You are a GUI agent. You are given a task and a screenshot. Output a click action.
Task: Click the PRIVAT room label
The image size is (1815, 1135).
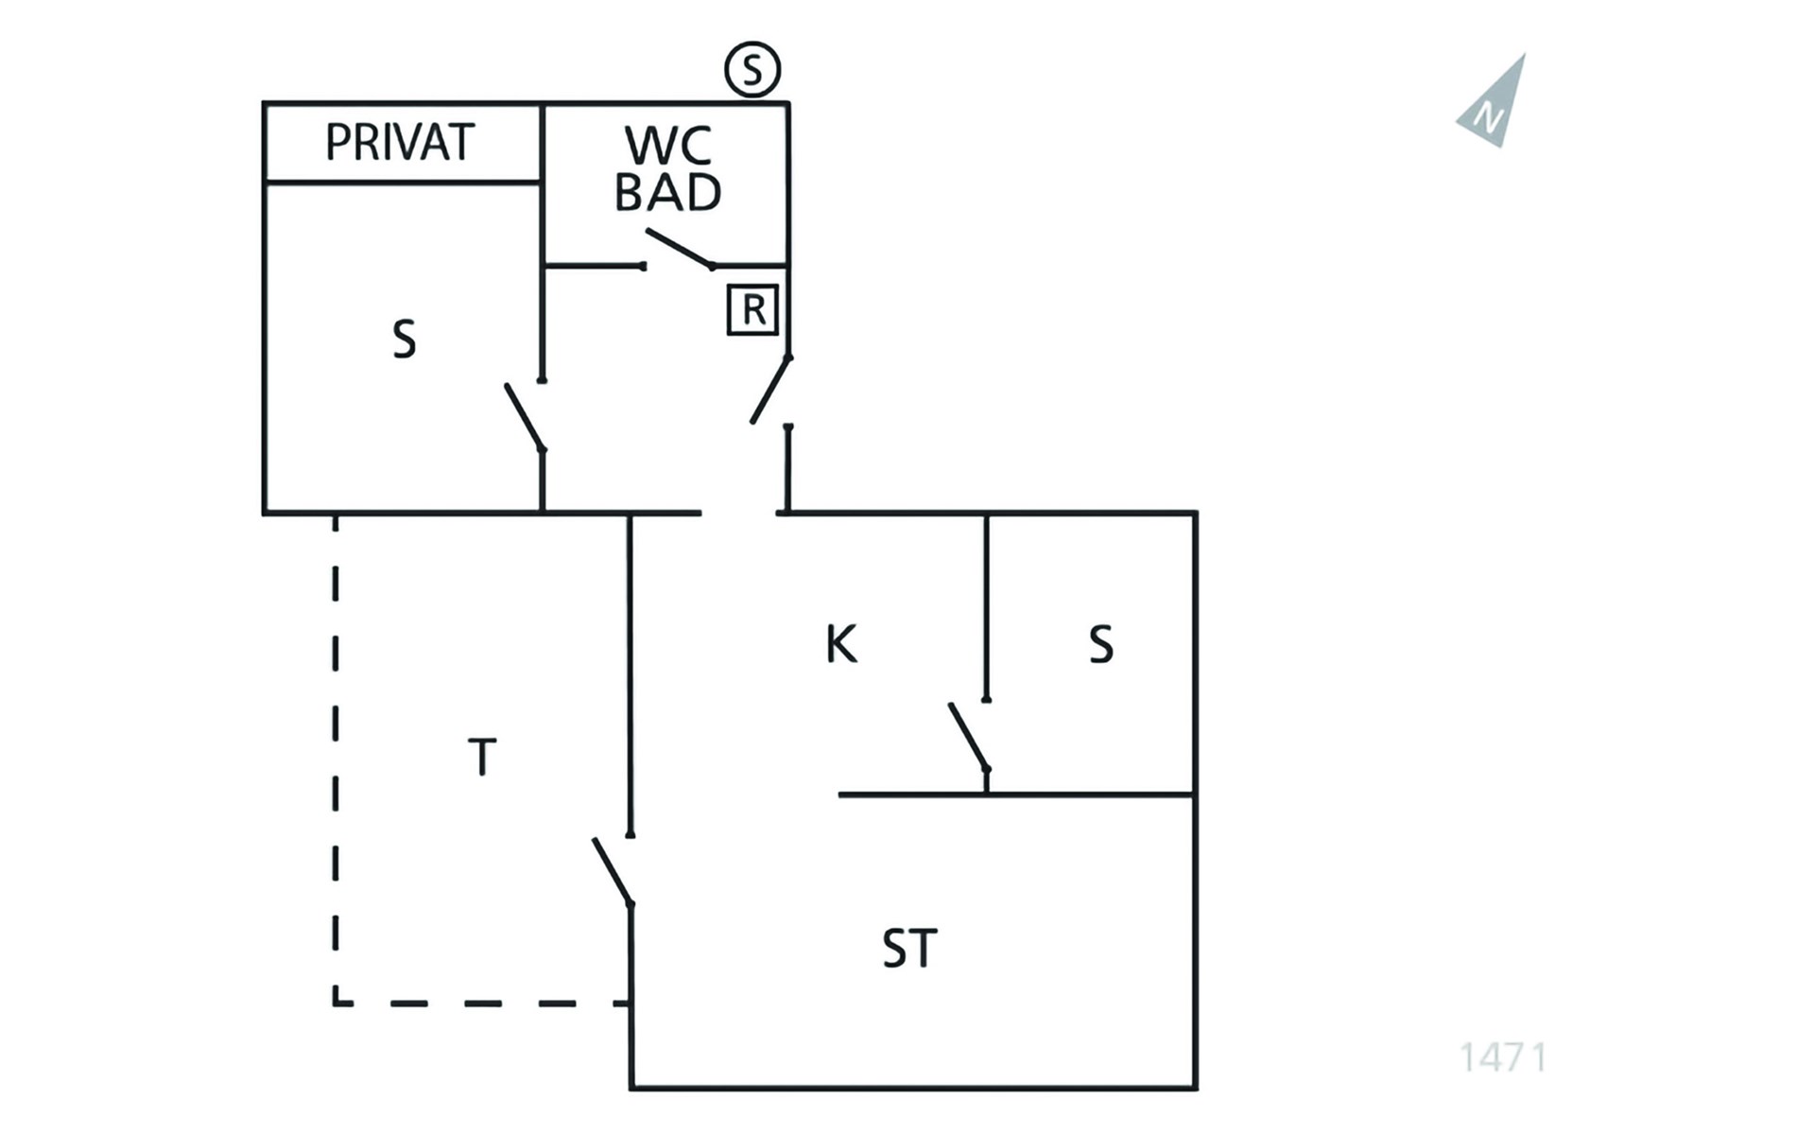tap(399, 142)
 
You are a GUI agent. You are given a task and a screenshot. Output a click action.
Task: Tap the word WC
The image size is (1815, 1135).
tap(668, 146)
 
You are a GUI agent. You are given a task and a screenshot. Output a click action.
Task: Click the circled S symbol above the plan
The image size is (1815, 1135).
tap(752, 70)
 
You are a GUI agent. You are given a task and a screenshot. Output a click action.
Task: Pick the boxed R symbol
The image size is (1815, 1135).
tap(752, 309)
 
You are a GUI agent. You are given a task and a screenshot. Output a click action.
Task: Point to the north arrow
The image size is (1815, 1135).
tap(1493, 102)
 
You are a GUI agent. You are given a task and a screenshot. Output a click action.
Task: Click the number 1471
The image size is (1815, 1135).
tap(1503, 1057)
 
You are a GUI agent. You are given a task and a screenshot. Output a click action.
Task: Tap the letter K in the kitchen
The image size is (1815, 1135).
tap(841, 644)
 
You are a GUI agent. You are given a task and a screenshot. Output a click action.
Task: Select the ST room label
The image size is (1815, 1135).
tap(909, 949)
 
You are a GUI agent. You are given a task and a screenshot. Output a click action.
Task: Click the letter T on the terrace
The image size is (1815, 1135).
tap(482, 757)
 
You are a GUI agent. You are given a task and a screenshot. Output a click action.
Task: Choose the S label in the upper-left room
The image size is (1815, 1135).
tap(404, 340)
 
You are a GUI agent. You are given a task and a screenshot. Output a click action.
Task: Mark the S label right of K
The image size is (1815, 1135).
tap(1100, 645)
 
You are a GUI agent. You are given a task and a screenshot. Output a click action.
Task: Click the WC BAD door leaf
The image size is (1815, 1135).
tap(679, 249)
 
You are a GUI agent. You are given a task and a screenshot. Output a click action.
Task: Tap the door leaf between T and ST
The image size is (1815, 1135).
tap(613, 872)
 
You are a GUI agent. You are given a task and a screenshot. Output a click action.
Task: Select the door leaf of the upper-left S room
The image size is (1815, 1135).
tap(525, 417)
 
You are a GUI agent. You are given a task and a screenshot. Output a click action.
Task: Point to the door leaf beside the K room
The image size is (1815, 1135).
tap(969, 737)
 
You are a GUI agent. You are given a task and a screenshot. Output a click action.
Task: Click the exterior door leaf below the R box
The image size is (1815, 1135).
tap(770, 390)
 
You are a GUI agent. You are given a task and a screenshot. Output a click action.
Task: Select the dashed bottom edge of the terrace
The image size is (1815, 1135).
tap(482, 1003)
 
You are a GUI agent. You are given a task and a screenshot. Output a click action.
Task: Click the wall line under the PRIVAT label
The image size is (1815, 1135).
tap(403, 181)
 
